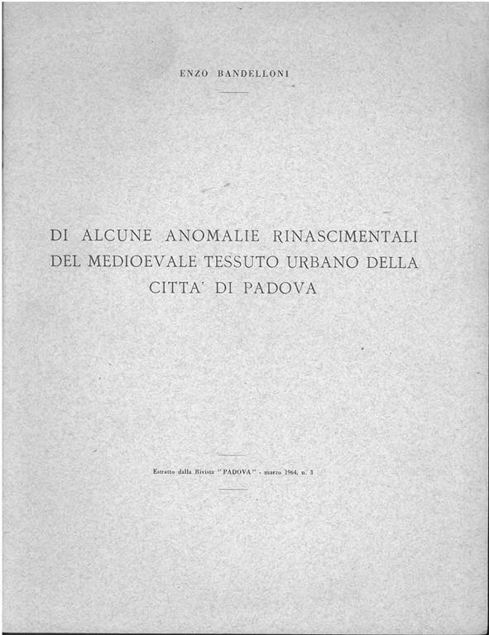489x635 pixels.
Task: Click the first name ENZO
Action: coord(193,74)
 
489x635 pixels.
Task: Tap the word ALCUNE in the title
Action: coord(117,236)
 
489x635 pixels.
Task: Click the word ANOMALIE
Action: coord(212,236)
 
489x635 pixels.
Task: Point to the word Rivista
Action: coord(207,471)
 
